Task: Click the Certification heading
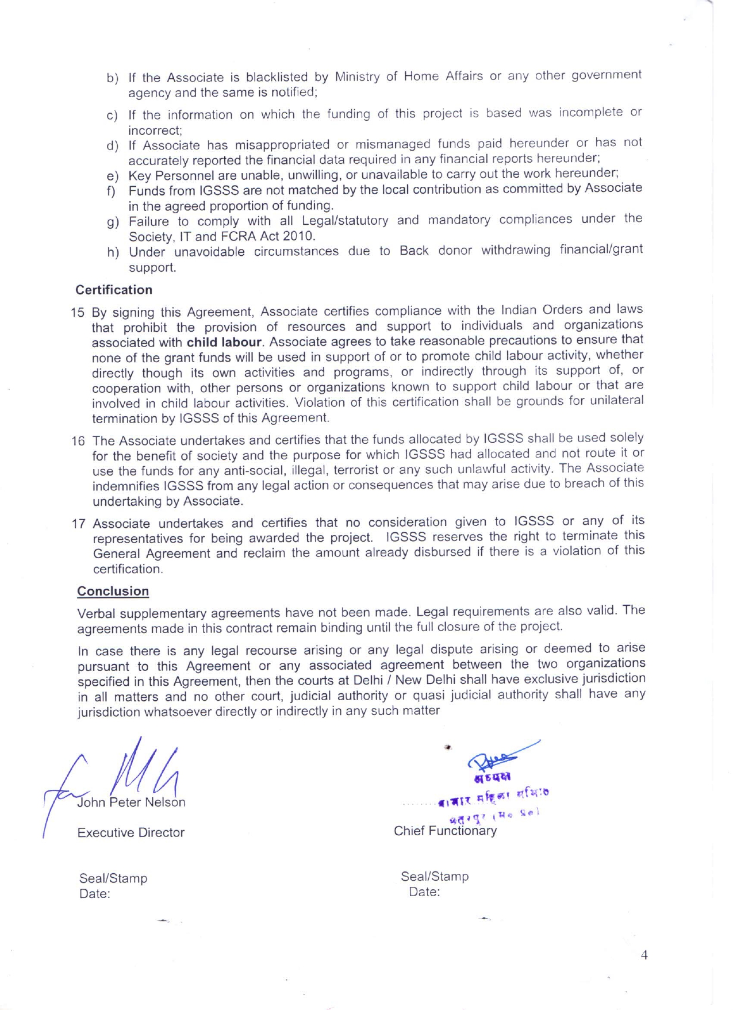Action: click(114, 290)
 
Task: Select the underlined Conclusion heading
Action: click(113, 591)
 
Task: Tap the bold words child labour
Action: click(224, 343)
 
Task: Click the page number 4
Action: click(644, 955)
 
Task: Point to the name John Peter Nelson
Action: click(132, 802)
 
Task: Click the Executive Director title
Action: click(131, 832)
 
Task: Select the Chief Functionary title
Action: click(445, 831)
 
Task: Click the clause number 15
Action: click(78, 313)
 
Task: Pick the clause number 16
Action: click(78, 441)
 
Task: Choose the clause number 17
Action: click(79, 524)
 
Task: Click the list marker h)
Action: click(113, 253)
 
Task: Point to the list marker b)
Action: click(113, 78)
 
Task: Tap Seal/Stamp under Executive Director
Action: click(113, 878)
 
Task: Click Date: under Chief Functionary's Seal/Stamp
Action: click(424, 892)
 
